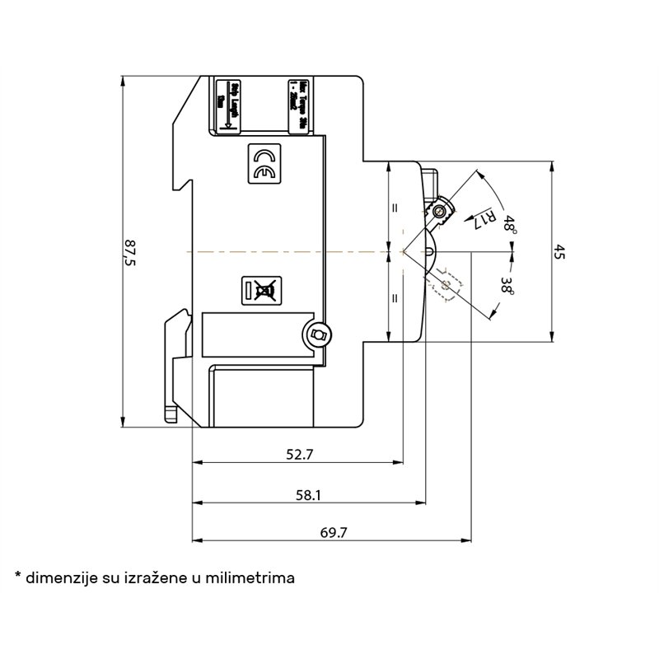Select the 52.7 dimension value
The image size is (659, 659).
[299, 454]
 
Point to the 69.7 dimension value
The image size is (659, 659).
[333, 532]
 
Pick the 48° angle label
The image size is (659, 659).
[511, 226]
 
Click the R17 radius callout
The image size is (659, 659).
[486, 217]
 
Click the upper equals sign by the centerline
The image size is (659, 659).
[395, 208]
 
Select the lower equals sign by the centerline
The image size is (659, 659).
[395, 298]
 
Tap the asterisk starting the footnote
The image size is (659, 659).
[17, 574]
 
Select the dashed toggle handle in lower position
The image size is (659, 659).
[446, 285]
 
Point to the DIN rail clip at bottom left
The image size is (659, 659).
[174, 362]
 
